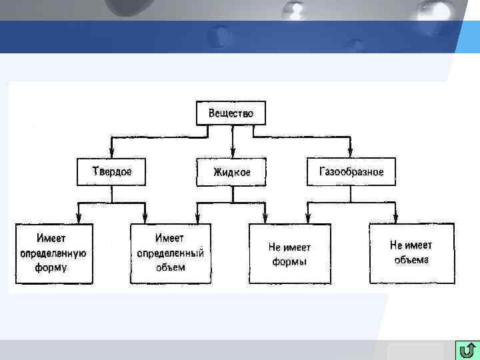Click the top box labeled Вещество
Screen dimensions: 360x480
[231, 113]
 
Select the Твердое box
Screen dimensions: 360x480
[112, 171]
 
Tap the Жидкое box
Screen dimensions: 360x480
[231, 173]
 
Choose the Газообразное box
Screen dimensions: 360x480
[351, 171]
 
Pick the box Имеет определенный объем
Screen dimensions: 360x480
[170, 253]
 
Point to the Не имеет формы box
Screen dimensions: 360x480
[289, 253]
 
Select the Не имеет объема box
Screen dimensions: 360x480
[411, 253]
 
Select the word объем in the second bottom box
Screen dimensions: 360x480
[171, 268]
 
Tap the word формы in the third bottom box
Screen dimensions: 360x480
[289, 261]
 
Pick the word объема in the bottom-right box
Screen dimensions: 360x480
[411, 260]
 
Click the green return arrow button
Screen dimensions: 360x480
[467, 349]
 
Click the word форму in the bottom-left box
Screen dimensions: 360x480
[51, 268]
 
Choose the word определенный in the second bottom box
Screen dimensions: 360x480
[170, 253]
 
